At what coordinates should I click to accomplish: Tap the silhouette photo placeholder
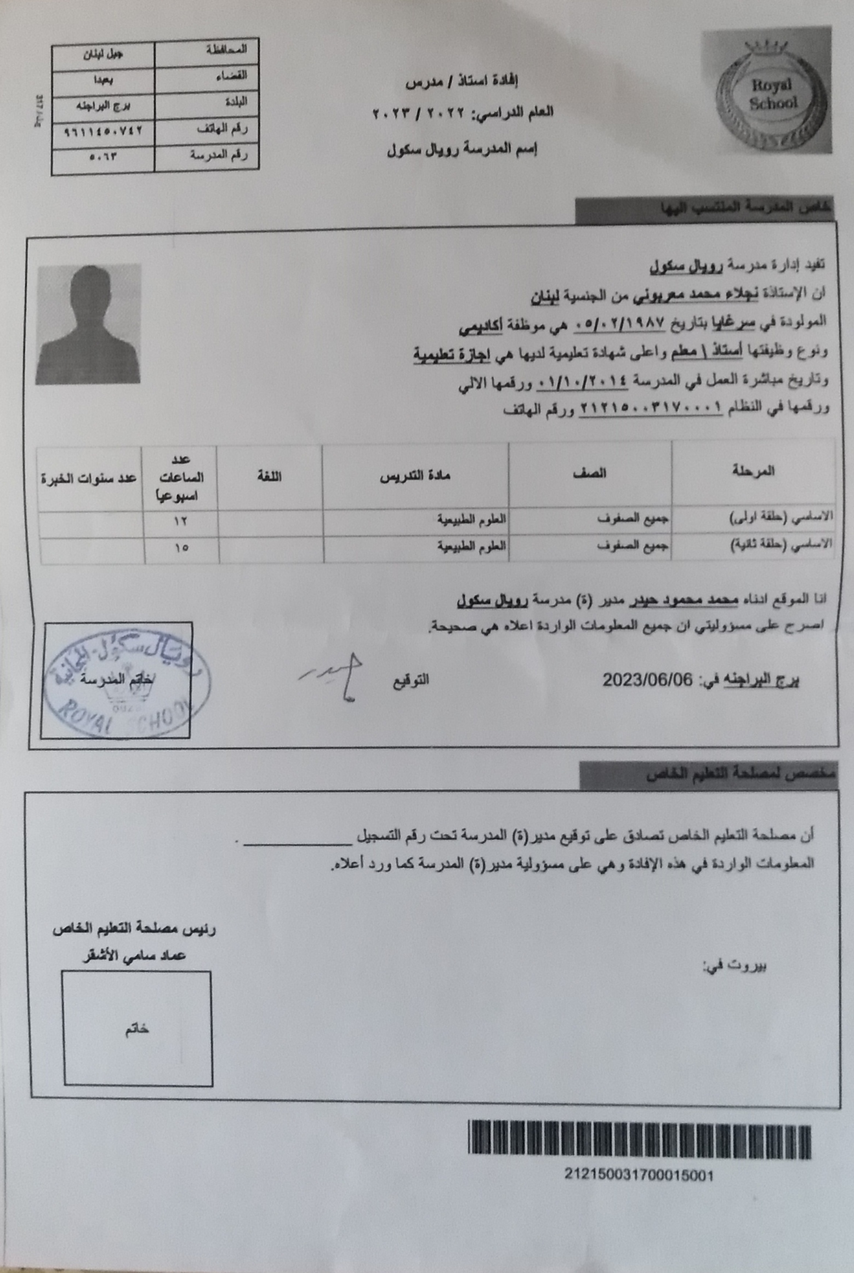(88, 324)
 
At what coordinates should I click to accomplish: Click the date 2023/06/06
(647, 680)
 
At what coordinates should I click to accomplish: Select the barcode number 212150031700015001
(639, 1175)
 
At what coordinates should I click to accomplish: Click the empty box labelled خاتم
(138, 1029)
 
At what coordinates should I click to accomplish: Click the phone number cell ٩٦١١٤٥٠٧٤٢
(104, 130)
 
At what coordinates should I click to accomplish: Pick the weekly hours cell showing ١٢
(180, 521)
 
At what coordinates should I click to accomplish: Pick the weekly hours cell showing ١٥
(181, 547)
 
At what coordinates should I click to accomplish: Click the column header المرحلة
(753, 471)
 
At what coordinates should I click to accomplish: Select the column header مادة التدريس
(415, 475)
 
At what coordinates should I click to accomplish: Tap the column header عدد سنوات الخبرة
(89, 478)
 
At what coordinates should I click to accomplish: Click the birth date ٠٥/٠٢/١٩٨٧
(619, 323)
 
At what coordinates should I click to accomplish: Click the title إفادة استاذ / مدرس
(462, 83)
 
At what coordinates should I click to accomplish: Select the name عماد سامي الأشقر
(134, 956)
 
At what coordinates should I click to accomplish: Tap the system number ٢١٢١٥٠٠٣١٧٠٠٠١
(651, 407)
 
